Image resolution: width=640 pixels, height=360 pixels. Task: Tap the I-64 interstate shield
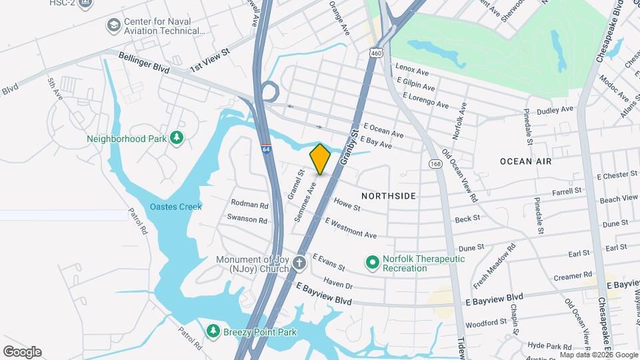tap(266, 151)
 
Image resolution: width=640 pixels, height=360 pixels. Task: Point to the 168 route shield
tap(435, 163)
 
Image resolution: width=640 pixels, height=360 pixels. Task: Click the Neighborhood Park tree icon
tap(177, 138)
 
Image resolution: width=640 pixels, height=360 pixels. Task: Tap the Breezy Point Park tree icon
tap(213, 331)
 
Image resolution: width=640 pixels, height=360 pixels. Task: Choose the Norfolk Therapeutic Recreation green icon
tap(373, 263)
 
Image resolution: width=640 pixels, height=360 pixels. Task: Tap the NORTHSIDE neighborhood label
tap(389, 196)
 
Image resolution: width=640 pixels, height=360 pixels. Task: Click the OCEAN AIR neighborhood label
tap(525, 161)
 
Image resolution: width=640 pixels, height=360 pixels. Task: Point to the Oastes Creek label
tap(175, 207)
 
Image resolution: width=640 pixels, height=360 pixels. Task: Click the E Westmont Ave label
tap(351, 228)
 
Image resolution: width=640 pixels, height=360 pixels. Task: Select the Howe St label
tap(347, 203)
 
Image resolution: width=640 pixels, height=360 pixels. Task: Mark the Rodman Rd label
tap(249, 204)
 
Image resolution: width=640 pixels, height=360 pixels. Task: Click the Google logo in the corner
tap(22, 352)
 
